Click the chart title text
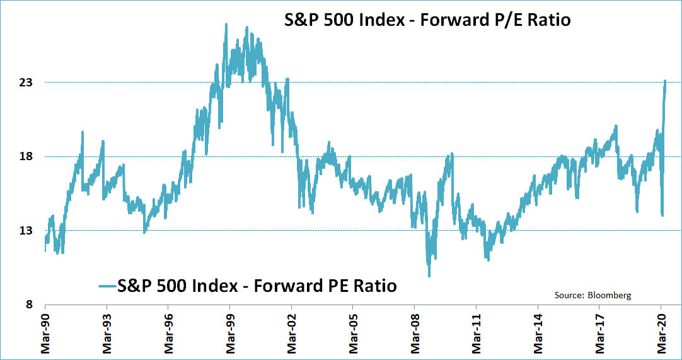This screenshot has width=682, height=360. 425,20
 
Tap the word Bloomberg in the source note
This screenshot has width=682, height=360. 610,295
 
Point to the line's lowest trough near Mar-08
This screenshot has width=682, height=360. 429,276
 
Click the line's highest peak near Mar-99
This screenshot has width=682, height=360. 226,25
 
